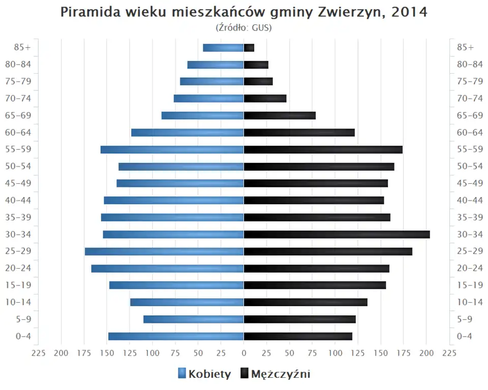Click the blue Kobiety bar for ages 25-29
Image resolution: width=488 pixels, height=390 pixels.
point(164,251)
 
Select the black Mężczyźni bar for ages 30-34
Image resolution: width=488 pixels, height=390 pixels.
point(337,234)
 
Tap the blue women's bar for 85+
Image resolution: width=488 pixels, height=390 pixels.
point(223,48)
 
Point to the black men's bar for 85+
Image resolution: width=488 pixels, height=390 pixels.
point(249,48)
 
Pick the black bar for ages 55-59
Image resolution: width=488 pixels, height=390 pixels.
point(323,149)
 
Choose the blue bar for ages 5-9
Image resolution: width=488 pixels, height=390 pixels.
point(193,319)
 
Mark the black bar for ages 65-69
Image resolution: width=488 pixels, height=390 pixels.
point(280,115)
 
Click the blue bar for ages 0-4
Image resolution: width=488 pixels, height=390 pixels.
point(176,336)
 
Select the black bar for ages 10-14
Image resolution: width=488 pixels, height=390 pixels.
point(306,302)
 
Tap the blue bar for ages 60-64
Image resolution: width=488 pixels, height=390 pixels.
point(187,133)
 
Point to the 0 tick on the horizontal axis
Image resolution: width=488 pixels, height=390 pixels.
point(243,353)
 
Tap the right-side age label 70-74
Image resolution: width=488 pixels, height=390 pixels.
point(470,99)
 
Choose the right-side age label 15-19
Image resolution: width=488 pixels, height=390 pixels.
point(470,285)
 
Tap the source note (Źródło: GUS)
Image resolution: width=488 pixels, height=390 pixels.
point(243,27)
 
